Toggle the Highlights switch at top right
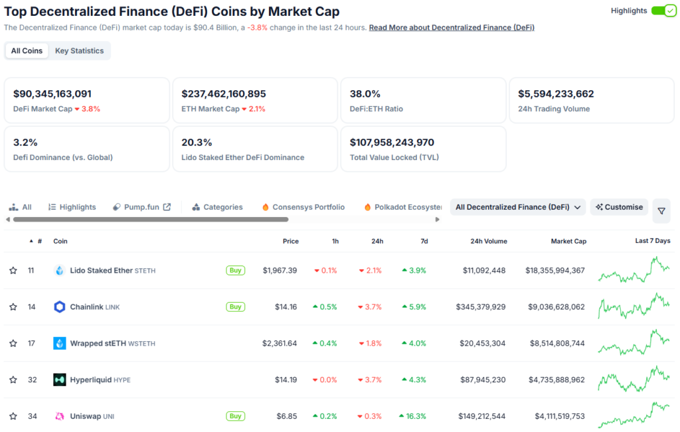coord(663,11)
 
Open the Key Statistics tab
coord(79,51)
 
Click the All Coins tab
coord(27,51)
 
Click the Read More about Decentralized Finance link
coord(452,28)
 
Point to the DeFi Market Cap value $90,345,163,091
coord(52,94)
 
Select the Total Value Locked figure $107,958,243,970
coord(392,143)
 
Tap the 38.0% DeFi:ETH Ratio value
coord(365,94)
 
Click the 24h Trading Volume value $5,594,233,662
coord(556,94)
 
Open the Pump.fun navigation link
coord(141,207)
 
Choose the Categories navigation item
coord(217,207)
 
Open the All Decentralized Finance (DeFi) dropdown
coord(517,207)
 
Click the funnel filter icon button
coord(661,211)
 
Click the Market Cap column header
coord(568,242)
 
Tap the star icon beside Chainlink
coord(13,307)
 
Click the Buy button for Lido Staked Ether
coord(235,271)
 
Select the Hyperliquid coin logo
coord(60,380)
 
